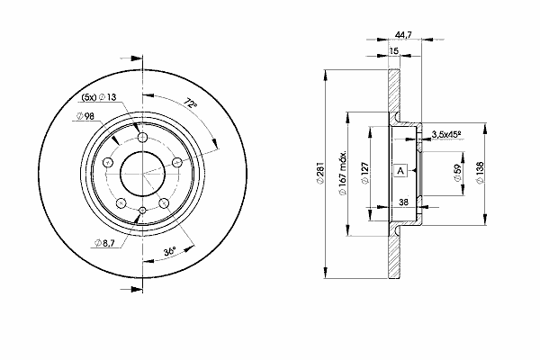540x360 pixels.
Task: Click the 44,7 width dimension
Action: coord(403,34)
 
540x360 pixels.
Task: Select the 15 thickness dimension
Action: coord(393,51)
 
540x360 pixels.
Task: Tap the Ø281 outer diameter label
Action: coord(320,174)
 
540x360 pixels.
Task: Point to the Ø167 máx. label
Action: coord(343,174)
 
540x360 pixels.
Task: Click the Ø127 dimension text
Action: coord(365,174)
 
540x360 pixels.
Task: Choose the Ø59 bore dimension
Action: coord(457,174)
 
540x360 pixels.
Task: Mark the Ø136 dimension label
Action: coord(481,174)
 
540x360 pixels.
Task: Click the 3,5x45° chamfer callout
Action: coord(446,135)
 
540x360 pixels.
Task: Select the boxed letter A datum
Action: coord(400,170)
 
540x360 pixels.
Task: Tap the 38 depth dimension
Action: coord(403,202)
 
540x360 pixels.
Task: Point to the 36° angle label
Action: coord(170,251)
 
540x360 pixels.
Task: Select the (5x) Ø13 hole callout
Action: coord(99,97)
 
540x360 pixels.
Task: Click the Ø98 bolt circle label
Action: coord(85,116)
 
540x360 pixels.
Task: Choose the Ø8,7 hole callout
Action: coord(104,244)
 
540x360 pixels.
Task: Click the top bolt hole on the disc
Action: coord(142,138)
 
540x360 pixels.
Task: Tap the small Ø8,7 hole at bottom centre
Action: coord(142,210)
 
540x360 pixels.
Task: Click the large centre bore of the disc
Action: coord(142,174)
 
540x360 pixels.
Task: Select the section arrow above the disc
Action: coord(131,58)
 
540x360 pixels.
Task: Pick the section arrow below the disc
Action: coord(131,290)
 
